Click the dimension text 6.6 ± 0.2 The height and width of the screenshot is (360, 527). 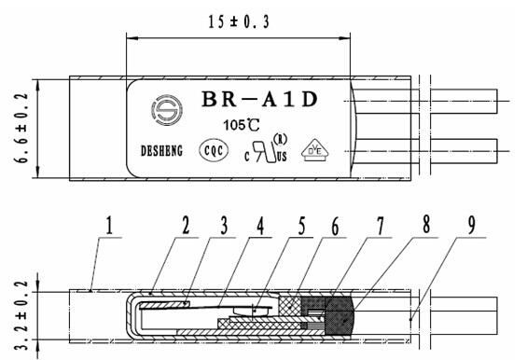point(20,128)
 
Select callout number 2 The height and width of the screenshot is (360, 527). point(186,225)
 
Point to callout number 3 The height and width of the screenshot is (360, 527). point(222,225)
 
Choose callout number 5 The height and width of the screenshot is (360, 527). point(302,225)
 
